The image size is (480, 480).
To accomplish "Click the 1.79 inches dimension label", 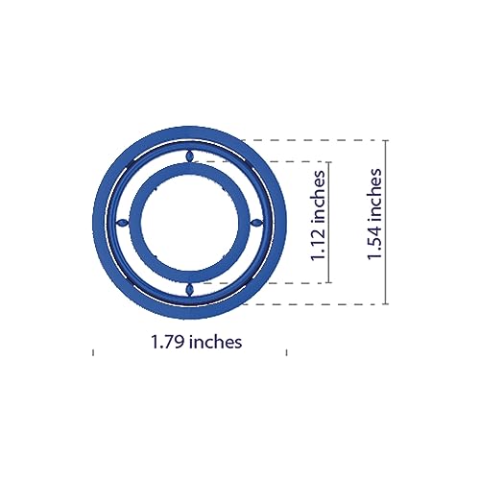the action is click(196, 342).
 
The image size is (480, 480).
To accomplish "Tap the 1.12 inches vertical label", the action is click(319, 216).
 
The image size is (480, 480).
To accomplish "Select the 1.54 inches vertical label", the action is click(374, 214).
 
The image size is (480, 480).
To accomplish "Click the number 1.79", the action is click(167, 342).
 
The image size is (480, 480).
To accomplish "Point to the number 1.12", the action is click(319, 245).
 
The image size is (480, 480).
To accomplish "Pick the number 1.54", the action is click(374, 243).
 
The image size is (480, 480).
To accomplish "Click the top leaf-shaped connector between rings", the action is click(190, 156).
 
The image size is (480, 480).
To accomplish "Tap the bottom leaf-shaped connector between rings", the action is click(190, 289).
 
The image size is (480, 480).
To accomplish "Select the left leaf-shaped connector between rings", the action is click(123, 223).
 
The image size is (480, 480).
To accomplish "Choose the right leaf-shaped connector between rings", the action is click(256, 223).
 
